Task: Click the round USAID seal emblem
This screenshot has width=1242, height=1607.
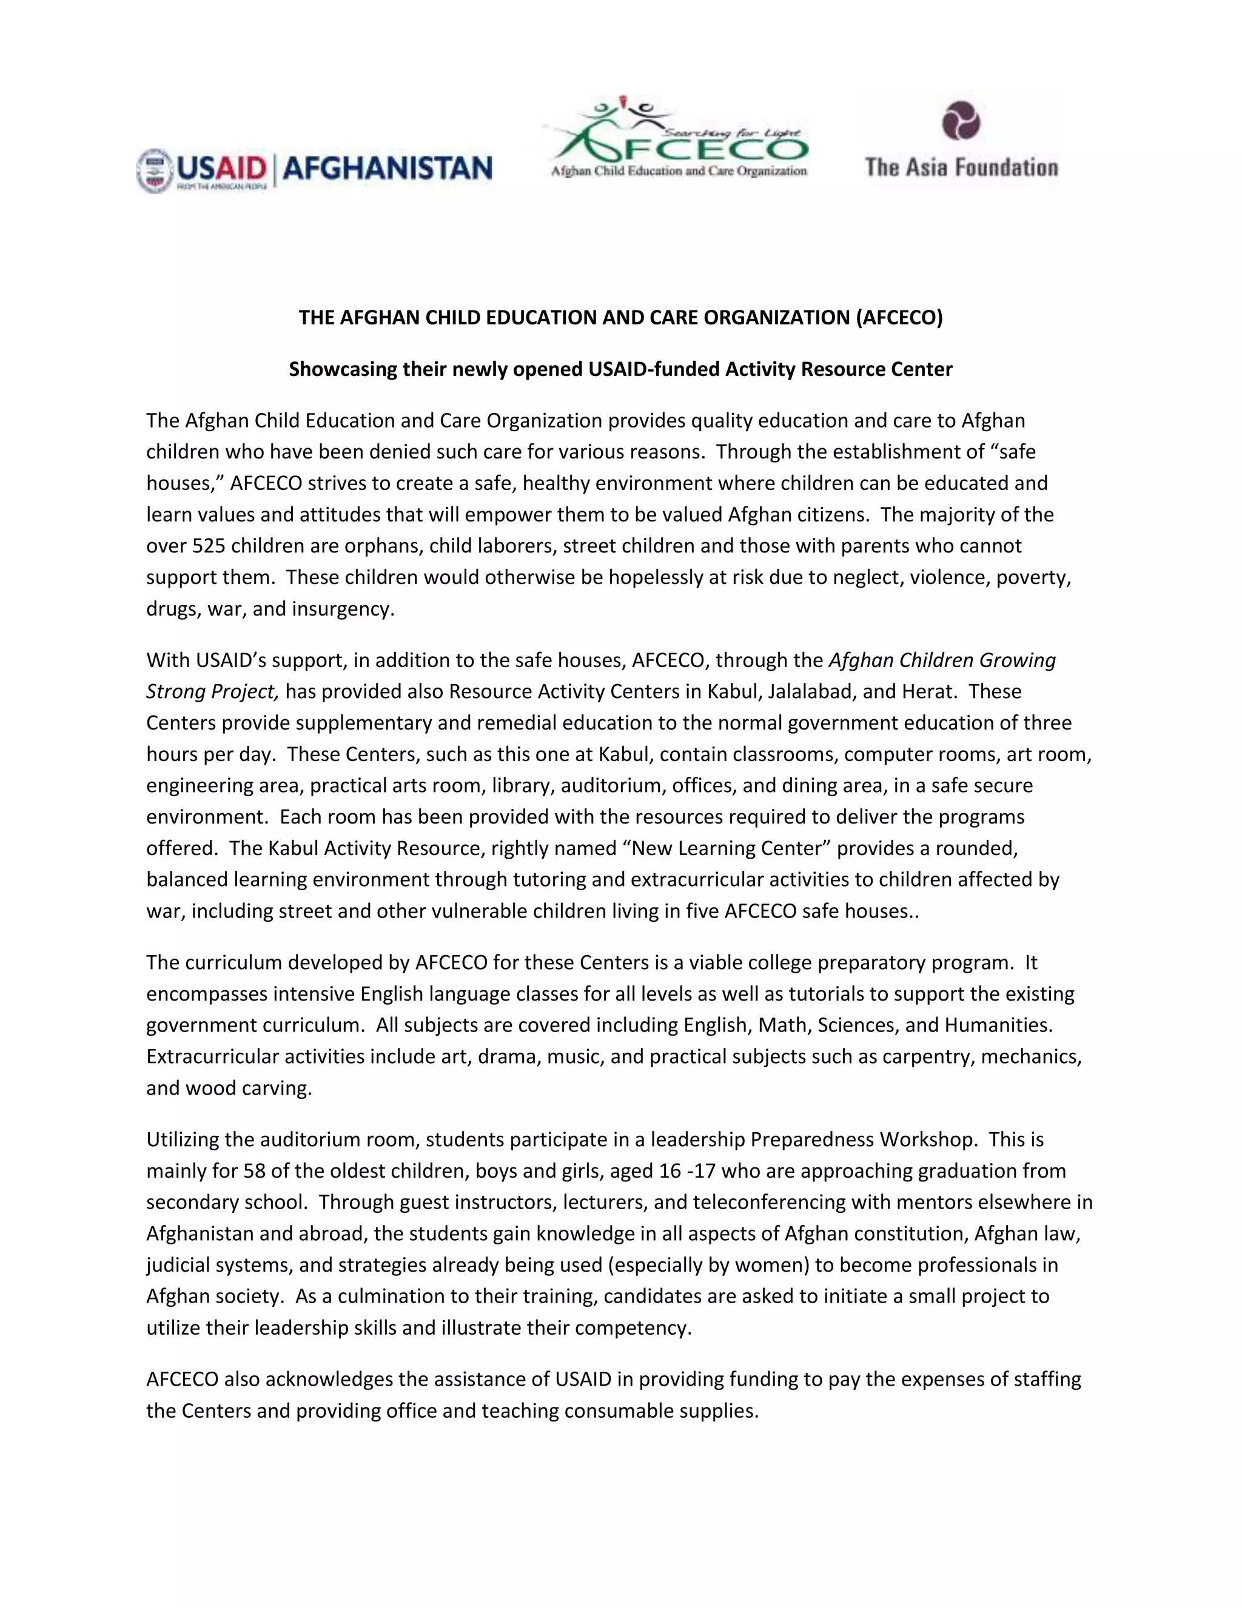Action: click(x=154, y=171)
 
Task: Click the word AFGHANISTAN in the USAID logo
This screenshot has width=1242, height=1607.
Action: click(x=387, y=169)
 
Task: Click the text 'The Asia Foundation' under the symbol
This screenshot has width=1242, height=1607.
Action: click(x=961, y=167)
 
